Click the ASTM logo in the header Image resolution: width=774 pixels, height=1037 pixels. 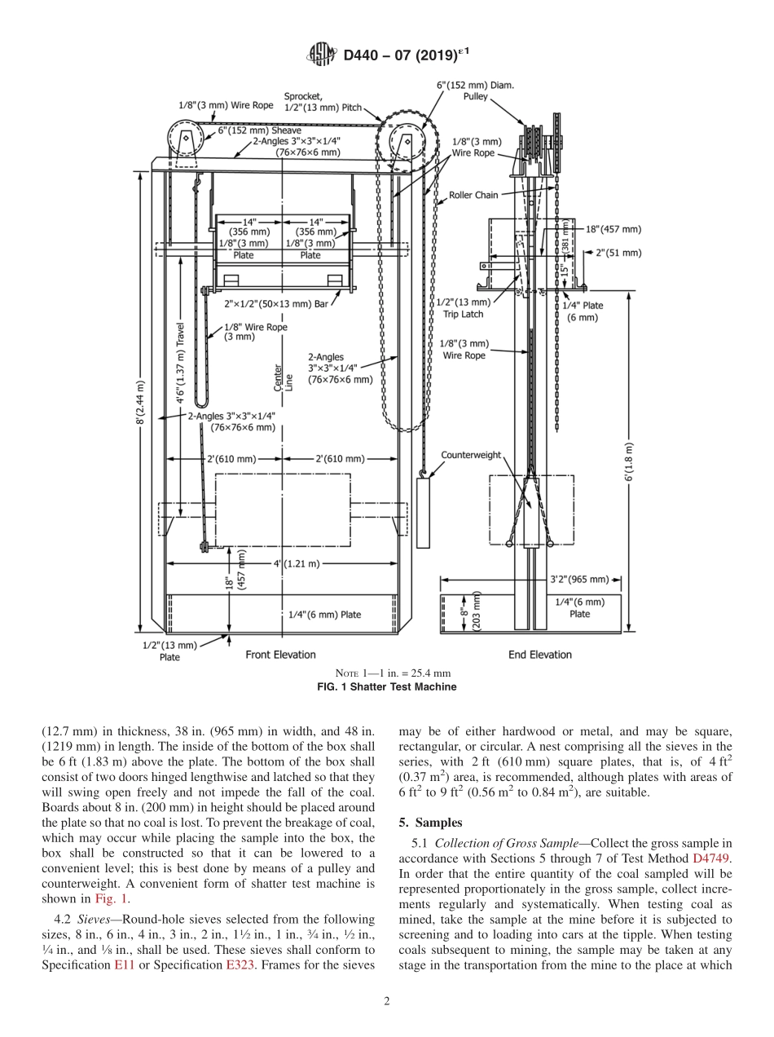(x=320, y=55)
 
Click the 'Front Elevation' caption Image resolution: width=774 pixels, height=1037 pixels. (x=280, y=655)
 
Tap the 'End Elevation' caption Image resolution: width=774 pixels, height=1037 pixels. (x=539, y=655)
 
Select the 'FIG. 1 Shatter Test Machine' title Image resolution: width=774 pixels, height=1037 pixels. (x=387, y=686)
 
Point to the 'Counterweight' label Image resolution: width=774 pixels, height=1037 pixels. (x=471, y=455)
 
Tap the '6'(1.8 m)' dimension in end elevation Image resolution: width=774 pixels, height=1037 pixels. (x=629, y=462)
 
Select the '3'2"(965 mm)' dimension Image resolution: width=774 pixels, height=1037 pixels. (x=577, y=580)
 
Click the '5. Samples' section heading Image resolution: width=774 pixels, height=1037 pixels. (x=430, y=821)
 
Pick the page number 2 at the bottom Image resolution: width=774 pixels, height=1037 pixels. (x=387, y=1001)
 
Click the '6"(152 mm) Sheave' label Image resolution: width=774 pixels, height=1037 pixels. (x=259, y=130)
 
